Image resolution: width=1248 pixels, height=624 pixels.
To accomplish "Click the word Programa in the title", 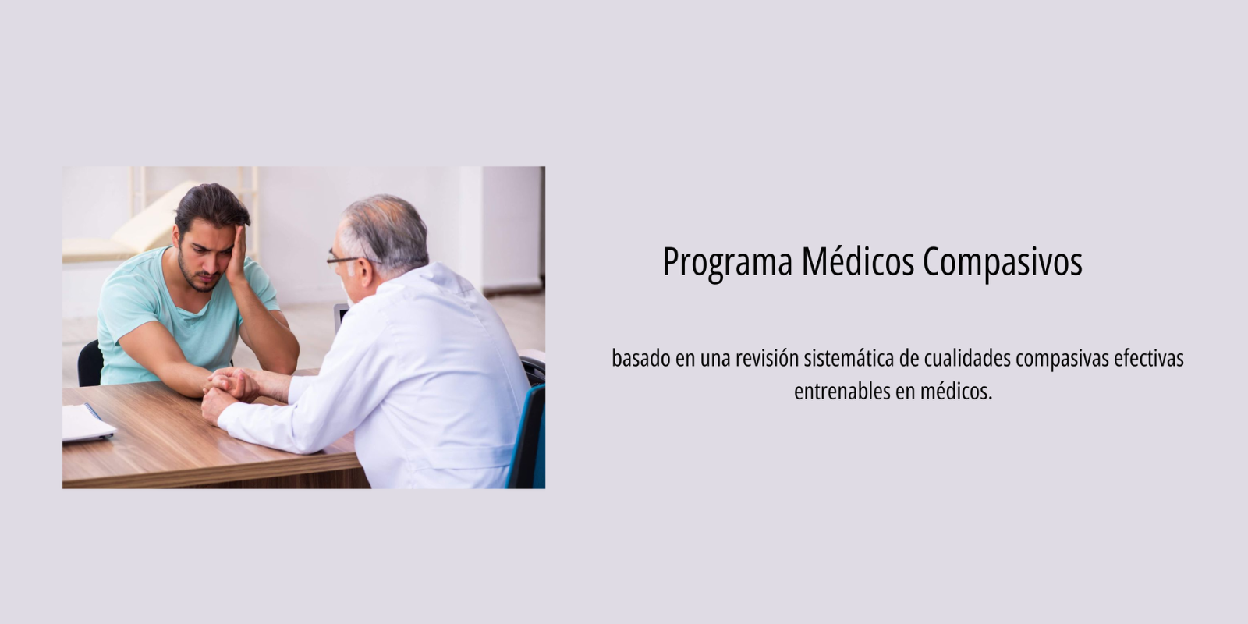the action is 727,261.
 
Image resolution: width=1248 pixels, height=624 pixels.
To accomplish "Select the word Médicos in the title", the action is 858,261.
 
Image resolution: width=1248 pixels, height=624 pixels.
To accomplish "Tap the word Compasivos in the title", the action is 1003,261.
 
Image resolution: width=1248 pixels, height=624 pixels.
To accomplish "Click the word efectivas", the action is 1149,358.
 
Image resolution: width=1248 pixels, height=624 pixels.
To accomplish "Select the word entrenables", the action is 842,391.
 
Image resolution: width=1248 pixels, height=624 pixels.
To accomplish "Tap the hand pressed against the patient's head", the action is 237,254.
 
